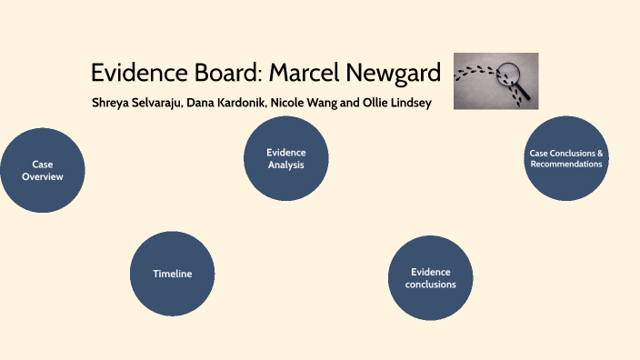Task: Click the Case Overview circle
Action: (x=43, y=170)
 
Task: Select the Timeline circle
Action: (x=173, y=274)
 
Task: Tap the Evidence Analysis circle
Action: (x=285, y=158)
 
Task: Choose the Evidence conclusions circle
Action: (x=430, y=278)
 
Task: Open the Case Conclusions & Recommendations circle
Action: (x=566, y=158)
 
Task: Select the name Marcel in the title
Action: (x=305, y=73)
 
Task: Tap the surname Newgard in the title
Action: (x=392, y=73)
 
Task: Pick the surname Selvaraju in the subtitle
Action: (x=158, y=103)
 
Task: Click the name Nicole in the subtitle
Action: (x=295, y=103)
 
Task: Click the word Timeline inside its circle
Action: (x=173, y=274)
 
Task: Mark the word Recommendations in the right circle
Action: (x=566, y=165)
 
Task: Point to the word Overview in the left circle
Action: (x=43, y=176)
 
